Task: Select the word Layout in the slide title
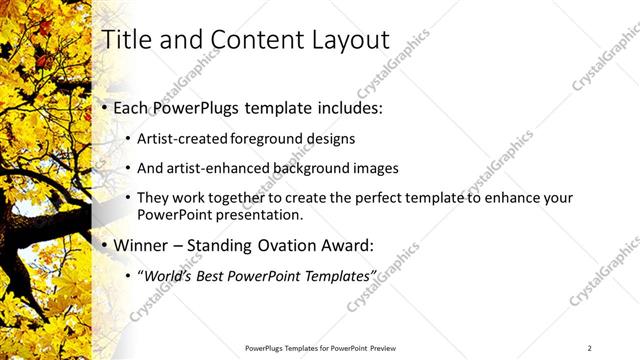(x=348, y=40)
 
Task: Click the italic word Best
(x=210, y=275)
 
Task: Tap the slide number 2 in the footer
(x=590, y=348)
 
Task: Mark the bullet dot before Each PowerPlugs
(x=106, y=108)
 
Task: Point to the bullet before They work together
(x=128, y=198)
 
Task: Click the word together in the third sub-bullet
(x=218, y=198)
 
